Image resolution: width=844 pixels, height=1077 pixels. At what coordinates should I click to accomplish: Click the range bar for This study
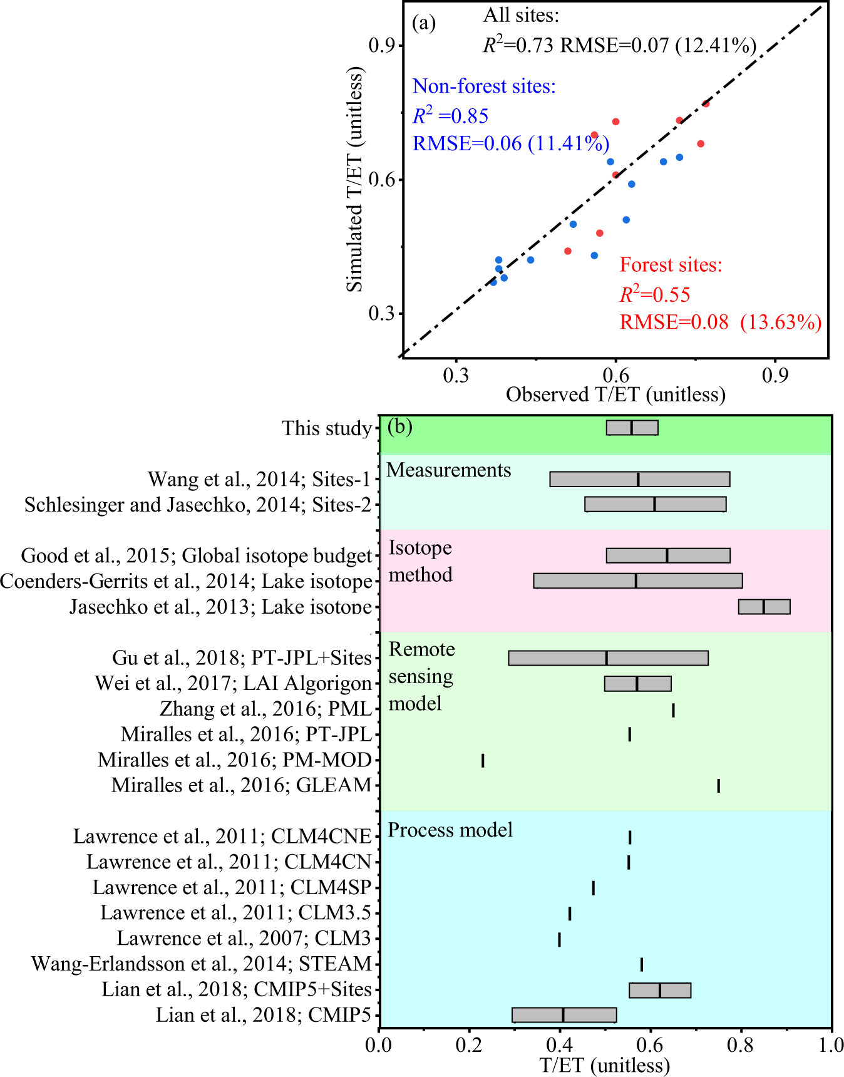coord(632,428)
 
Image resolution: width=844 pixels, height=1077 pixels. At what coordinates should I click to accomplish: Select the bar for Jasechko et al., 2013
coord(764,607)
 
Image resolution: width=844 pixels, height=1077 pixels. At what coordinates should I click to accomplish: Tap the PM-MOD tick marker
coord(483,761)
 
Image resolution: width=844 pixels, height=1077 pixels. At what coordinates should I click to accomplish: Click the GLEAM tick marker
coord(718,786)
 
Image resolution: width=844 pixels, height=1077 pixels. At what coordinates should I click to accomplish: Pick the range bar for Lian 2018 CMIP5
coord(564,1015)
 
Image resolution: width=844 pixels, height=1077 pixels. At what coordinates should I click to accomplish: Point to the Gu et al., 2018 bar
coord(607,658)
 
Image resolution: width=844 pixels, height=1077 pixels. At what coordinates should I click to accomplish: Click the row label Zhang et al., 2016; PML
coord(265,709)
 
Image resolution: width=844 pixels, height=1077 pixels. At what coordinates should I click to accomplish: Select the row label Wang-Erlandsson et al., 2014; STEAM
coord(202,964)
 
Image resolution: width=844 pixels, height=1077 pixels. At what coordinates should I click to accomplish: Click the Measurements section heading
coord(448,470)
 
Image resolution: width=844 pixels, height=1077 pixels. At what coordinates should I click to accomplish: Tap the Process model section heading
coord(450,830)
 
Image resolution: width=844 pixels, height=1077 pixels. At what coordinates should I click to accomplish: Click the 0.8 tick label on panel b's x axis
coord(741,1045)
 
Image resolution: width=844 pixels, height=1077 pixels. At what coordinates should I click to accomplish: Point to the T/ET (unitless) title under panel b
coord(604,1065)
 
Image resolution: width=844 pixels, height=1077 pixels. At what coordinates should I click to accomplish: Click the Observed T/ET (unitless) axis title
coord(615,394)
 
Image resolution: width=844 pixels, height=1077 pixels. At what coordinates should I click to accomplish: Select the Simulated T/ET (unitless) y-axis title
coord(354,179)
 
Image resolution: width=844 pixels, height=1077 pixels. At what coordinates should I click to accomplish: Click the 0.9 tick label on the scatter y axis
coord(381,46)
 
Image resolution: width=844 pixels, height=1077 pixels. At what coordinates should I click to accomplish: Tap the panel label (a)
coord(424,23)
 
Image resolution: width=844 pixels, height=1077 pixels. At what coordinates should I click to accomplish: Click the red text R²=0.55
coord(654,294)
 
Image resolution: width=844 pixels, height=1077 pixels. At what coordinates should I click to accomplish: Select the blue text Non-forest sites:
coord(484,86)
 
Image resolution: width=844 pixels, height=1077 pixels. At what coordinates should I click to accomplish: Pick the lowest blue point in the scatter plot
coord(493,282)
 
